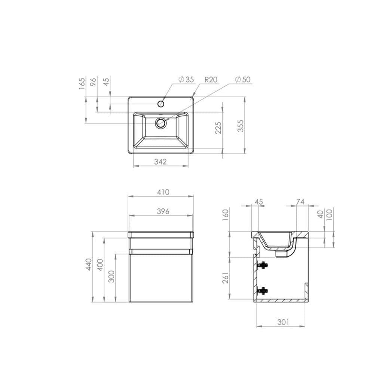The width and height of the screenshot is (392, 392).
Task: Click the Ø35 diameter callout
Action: coord(186,79)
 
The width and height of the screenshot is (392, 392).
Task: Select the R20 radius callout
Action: coord(211,79)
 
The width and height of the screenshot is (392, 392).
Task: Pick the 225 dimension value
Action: coord(219,128)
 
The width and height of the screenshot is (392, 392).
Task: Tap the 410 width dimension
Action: coord(163,192)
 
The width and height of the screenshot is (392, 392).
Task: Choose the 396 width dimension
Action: coord(163,211)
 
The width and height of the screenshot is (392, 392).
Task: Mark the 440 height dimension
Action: coord(88,265)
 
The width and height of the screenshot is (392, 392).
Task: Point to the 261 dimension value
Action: coord(226,278)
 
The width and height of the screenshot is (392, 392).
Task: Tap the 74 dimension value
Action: coord(300,202)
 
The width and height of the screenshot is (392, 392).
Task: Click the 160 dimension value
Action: coord(226,215)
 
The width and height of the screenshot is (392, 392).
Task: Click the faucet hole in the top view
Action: coord(161,103)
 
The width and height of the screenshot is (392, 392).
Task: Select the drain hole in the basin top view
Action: coord(161,123)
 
